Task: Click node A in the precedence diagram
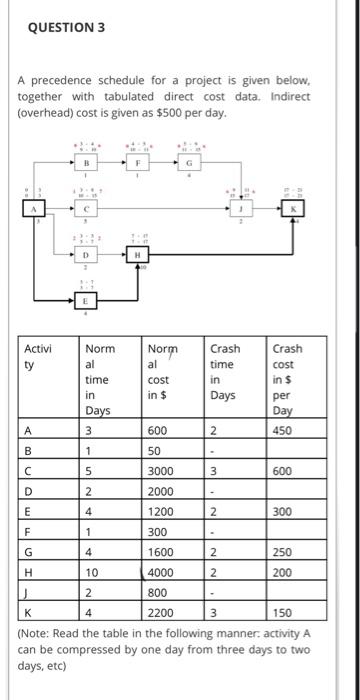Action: tap(35, 208)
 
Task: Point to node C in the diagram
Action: tap(87, 208)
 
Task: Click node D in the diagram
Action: tap(87, 255)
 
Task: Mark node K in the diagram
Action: tap(293, 208)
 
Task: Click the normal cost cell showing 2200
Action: tap(161, 611)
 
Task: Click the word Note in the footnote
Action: tap(38, 631)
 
